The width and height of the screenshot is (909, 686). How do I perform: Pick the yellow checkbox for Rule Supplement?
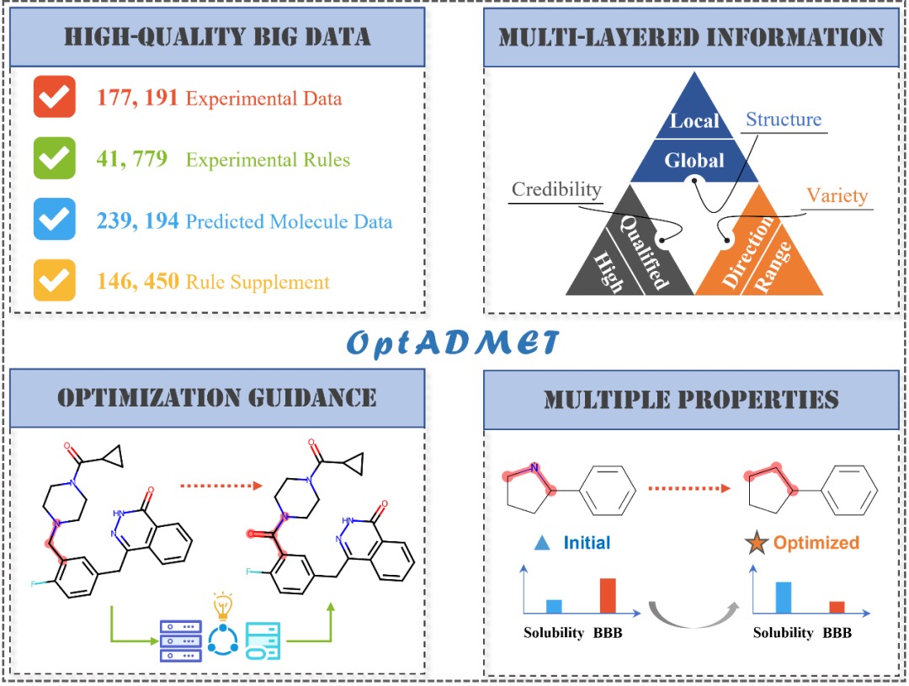point(55,280)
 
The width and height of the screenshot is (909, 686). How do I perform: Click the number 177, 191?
point(138,98)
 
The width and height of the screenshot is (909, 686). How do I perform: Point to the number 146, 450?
point(138,281)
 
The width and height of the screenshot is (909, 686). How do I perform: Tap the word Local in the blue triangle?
point(694,120)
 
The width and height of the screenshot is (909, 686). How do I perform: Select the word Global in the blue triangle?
point(694,159)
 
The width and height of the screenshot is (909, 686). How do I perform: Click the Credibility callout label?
point(556,189)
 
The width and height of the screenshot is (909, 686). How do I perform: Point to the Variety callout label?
point(837,196)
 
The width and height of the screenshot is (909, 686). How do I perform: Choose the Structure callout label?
point(783,120)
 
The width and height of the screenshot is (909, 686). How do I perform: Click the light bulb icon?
point(222,605)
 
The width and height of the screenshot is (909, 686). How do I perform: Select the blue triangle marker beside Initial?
point(543,543)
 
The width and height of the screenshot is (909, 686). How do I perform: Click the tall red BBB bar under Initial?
point(607,595)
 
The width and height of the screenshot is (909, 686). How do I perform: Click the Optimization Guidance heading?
point(216,397)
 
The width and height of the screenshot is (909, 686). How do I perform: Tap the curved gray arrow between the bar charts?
point(693,609)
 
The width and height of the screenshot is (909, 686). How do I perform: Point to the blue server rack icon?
point(179,641)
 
